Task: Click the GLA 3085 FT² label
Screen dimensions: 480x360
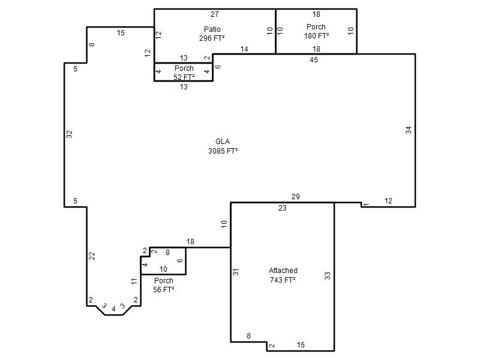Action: click(x=223, y=146)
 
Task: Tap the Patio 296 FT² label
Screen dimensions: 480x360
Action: click(x=212, y=34)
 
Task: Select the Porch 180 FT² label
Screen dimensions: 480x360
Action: click(x=316, y=31)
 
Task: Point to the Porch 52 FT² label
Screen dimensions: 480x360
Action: click(x=184, y=73)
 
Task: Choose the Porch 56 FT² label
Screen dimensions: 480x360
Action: click(x=163, y=285)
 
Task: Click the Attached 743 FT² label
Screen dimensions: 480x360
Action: click(x=283, y=275)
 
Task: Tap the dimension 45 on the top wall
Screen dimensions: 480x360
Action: click(x=313, y=59)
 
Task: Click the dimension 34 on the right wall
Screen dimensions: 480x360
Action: click(x=409, y=130)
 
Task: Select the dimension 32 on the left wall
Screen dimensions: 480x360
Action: click(x=70, y=134)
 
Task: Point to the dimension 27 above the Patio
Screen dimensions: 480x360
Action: click(x=215, y=14)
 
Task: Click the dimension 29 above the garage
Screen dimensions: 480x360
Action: click(x=295, y=197)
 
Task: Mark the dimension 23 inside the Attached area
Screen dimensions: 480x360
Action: click(x=282, y=208)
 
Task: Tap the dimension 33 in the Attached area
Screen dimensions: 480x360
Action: click(x=328, y=276)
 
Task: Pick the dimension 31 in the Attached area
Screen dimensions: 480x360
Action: click(x=236, y=272)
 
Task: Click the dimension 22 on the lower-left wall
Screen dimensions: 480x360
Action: click(x=92, y=256)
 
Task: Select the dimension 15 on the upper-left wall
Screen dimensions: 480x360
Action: click(x=121, y=33)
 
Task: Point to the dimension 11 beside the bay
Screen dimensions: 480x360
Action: click(x=134, y=281)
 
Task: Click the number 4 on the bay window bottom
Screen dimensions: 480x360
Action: click(x=113, y=309)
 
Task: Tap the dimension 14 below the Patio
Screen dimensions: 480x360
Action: click(x=244, y=49)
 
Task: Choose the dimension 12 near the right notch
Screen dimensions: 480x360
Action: click(x=388, y=201)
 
